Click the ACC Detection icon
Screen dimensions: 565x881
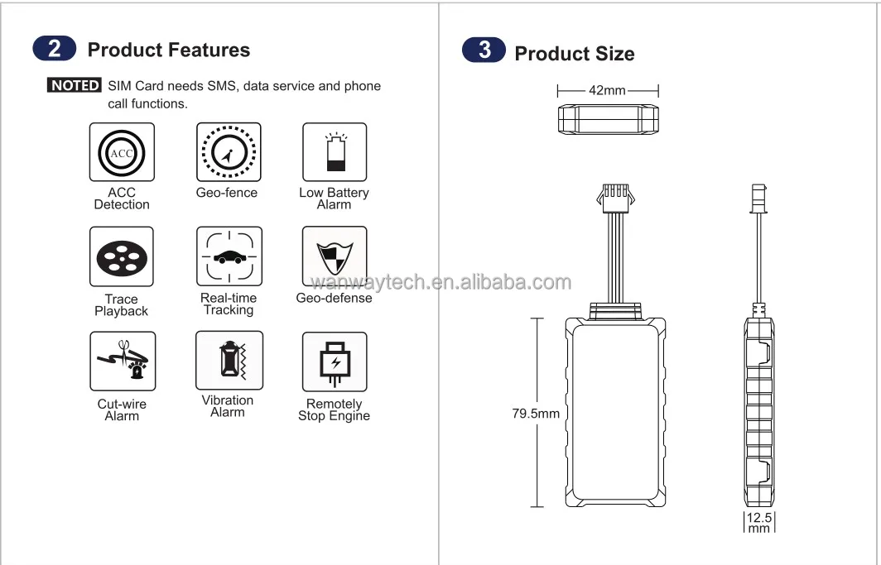click(122, 152)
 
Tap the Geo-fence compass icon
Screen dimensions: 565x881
click(229, 152)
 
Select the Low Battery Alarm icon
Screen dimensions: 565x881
click(335, 152)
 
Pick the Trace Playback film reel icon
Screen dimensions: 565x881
click(122, 257)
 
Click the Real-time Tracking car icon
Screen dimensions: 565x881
click(229, 256)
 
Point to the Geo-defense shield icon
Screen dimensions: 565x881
click(335, 256)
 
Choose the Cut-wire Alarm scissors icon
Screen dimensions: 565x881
click(122, 362)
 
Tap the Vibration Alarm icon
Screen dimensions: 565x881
click(229, 361)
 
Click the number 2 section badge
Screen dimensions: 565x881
click(55, 49)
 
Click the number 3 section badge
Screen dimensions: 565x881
click(484, 50)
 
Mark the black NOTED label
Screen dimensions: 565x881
click(75, 85)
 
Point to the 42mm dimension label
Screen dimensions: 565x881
click(607, 90)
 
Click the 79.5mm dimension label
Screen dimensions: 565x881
click(536, 413)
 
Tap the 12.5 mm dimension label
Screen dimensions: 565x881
click(758, 523)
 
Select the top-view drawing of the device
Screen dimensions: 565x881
click(608, 118)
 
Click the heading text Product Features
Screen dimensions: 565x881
click(168, 50)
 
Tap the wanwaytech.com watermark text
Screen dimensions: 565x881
click(440, 282)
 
